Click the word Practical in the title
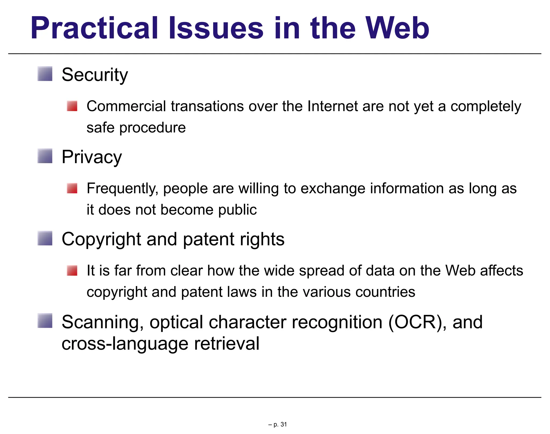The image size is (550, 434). tap(94, 29)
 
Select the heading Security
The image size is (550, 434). tap(95, 75)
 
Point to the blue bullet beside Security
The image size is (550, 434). tap(45, 74)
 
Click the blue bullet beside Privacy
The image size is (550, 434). tap(45, 156)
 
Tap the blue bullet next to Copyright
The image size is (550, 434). tap(45, 238)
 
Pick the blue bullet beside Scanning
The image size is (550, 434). tap(45, 320)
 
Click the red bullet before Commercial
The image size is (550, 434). tap(72, 106)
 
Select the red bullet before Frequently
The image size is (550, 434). tap(72, 188)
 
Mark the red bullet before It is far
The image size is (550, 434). tap(72, 270)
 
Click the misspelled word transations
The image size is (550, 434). tap(207, 106)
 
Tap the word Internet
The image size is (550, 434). tap(332, 106)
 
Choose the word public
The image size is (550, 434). tap(237, 210)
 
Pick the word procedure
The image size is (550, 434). tap(152, 128)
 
